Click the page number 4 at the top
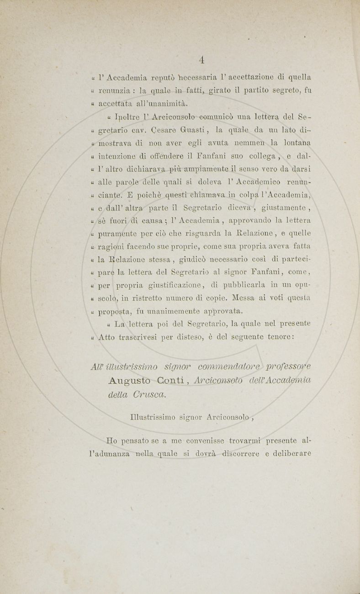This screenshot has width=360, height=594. pos(201,59)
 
